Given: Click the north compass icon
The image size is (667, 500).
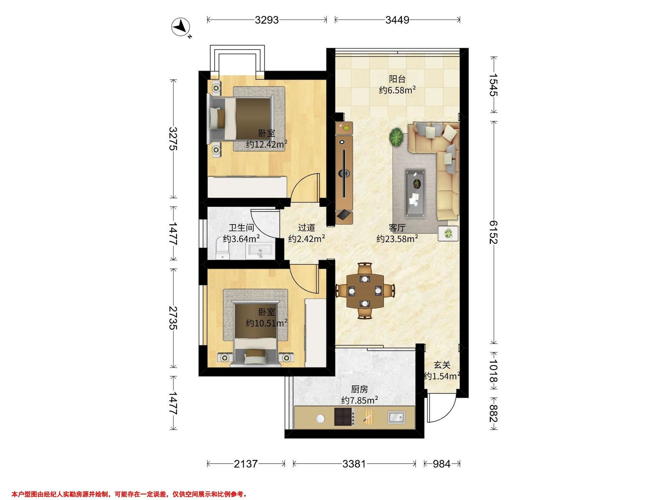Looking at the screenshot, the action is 181,27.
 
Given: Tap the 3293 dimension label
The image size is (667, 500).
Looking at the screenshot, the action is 267,20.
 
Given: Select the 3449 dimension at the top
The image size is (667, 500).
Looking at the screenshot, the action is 397,20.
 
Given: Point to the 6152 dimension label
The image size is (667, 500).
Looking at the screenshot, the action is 493,232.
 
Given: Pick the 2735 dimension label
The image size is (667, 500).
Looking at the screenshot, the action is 173,318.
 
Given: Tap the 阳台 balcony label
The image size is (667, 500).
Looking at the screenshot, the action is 397,79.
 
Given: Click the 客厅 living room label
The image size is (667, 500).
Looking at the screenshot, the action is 397,228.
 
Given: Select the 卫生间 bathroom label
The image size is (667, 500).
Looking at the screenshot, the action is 241,228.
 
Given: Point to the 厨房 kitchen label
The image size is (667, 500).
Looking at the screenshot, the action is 359,389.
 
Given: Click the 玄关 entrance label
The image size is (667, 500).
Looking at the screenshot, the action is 442,365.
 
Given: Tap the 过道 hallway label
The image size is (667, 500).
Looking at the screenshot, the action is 306,228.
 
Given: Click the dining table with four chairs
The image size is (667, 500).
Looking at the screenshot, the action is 365,291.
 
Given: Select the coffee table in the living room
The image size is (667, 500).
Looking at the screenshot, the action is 415,193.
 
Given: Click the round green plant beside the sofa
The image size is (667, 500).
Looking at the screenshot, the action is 396,137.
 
